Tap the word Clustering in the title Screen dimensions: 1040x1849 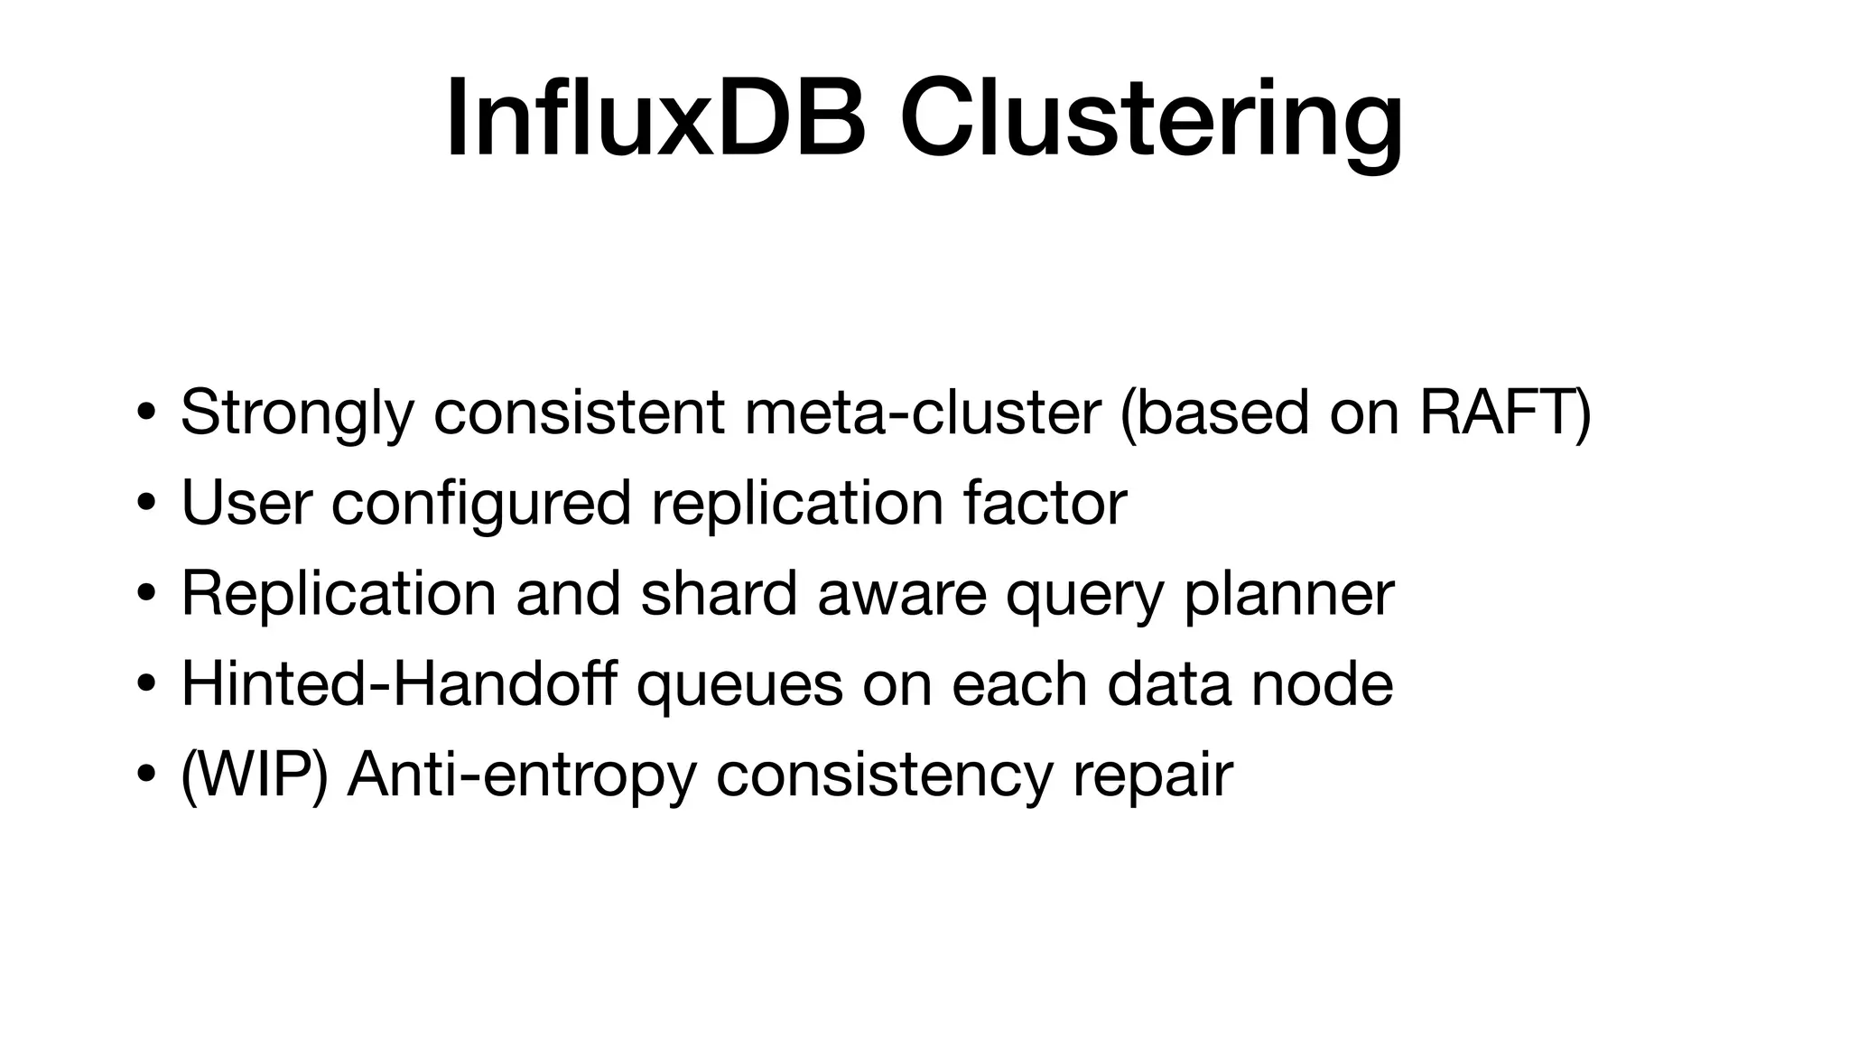pos(1150,122)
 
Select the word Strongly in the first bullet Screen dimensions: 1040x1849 pos(297,413)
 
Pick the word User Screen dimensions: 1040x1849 pos(246,502)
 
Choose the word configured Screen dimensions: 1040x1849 pos(480,504)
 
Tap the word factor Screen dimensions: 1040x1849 pos(1045,502)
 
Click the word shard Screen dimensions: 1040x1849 pos(719,593)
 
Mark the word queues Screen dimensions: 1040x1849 pos(739,686)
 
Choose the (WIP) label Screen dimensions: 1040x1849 pos(254,775)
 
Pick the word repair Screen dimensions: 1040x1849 pos(1152,776)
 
